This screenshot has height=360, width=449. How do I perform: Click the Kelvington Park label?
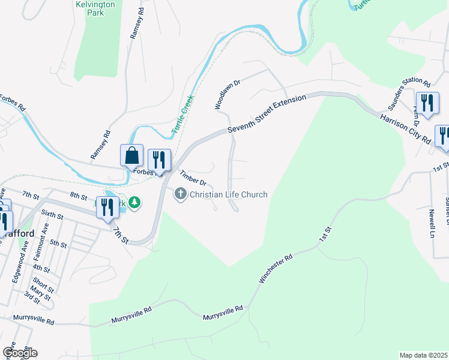[95, 8]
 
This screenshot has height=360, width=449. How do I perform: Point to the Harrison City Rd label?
[405, 128]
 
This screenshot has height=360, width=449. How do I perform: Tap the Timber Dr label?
[193, 178]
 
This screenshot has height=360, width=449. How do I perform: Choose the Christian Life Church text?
[228, 194]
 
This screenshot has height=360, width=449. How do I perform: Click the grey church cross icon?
[179, 194]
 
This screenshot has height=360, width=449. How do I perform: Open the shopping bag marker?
[131, 156]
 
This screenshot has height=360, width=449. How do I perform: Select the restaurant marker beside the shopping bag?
[159, 160]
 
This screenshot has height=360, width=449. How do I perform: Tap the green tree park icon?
[136, 204]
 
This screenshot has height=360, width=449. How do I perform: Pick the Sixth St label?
[52, 216]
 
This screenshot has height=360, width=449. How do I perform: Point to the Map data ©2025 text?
[423, 355]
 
